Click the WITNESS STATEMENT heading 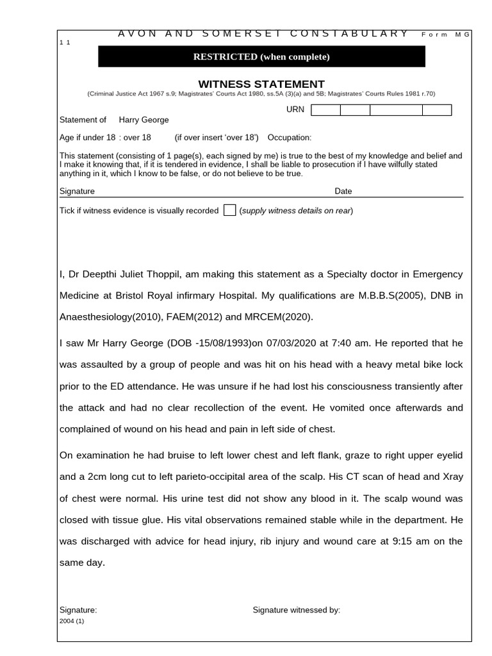(261, 84)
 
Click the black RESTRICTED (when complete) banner (261, 57)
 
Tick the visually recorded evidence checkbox (229, 211)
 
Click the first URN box (325, 110)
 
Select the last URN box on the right (437, 110)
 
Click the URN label (295, 110)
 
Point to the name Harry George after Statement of (143, 120)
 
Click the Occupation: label (290, 138)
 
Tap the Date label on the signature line (343, 191)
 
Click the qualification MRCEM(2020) (280, 318)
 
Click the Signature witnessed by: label (297, 610)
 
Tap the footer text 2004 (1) (72, 621)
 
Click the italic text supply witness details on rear (296, 211)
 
